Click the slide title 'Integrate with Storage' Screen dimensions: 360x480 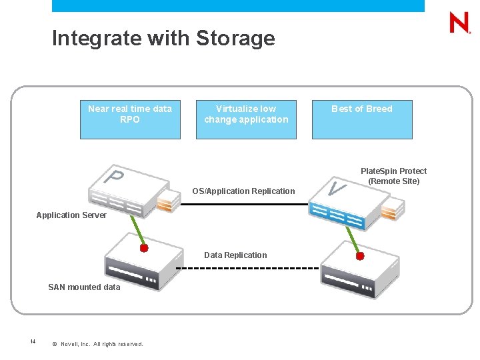(163, 38)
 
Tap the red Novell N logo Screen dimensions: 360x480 (459, 23)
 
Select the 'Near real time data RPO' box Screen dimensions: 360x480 (130, 119)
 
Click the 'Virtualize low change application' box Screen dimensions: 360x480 (246, 119)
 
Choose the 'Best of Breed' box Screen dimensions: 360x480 (362, 119)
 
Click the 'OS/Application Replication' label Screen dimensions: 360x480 (243, 191)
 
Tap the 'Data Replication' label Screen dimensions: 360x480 (235, 255)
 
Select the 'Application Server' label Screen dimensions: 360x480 (71, 215)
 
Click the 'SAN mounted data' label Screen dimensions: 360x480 (84, 287)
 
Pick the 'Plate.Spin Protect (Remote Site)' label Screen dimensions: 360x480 (393, 176)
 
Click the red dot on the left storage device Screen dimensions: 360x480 (143, 248)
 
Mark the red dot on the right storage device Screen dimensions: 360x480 (360, 255)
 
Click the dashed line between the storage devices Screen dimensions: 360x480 (247, 268)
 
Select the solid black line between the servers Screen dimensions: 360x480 (247, 203)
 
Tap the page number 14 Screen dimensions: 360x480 (33, 342)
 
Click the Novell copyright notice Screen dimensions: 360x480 (97, 344)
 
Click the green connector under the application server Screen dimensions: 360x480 (134, 232)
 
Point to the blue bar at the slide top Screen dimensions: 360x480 (238, 5)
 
